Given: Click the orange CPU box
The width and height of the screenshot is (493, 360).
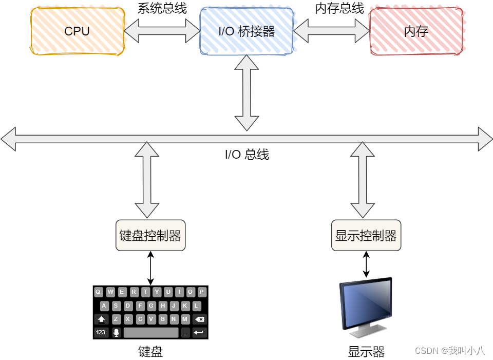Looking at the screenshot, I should [77, 31].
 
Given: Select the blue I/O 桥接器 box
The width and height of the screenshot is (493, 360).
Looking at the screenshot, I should [246, 31].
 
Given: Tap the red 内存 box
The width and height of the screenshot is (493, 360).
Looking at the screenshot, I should [416, 31].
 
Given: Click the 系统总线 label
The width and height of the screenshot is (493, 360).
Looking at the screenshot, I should [162, 9].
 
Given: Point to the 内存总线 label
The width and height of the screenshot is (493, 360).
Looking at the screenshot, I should [339, 9].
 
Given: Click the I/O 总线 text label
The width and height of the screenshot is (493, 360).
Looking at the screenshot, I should [246, 155].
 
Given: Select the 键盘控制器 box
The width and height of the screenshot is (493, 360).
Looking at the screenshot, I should [150, 236].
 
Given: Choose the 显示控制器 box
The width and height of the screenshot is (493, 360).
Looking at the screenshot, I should [366, 236].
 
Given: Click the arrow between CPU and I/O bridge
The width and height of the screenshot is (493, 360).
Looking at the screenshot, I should [162, 32].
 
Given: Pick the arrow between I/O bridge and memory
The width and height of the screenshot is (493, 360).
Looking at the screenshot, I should [331, 32].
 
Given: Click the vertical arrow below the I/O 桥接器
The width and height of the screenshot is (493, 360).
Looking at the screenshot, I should [247, 92].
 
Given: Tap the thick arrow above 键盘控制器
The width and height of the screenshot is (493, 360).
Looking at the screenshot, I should [147, 180].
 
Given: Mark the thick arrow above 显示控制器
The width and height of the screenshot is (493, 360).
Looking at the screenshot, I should [363, 180].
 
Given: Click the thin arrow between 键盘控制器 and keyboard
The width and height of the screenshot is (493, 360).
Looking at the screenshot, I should [150, 268].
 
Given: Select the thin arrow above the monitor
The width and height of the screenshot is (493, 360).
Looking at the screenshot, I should [366, 264].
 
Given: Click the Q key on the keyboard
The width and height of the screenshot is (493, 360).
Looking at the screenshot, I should [98, 292].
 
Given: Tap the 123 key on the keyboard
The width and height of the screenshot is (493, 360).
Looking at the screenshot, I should [101, 332].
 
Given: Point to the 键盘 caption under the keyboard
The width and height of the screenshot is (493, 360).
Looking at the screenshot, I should [150, 351].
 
